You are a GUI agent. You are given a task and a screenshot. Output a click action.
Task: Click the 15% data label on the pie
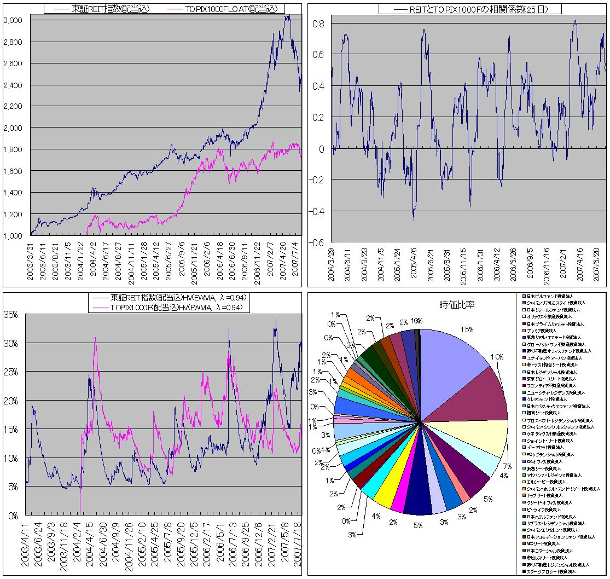467,330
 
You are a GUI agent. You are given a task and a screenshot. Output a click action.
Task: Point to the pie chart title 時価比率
457,305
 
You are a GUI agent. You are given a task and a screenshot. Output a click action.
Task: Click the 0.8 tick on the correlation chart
319,24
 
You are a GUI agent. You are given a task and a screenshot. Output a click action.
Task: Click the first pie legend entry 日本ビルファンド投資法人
553,296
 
